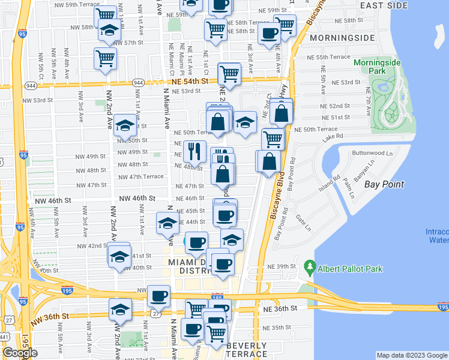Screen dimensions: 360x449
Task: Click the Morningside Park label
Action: tap(377, 67)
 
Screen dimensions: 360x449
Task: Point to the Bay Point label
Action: tap(384, 184)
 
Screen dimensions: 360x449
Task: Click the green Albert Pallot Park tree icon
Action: tap(310, 265)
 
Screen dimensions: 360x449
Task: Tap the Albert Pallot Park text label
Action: tap(351, 269)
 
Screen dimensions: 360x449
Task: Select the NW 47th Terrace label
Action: tap(140, 177)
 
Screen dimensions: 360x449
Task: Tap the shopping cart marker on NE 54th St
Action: tap(229, 74)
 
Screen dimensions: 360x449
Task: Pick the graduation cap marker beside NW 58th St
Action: tap(109, 30)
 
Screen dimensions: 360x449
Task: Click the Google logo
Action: tap(20, 353)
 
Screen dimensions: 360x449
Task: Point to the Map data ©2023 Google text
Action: tap(411, 355)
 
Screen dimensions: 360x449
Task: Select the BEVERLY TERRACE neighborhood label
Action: tap(247, 350)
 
